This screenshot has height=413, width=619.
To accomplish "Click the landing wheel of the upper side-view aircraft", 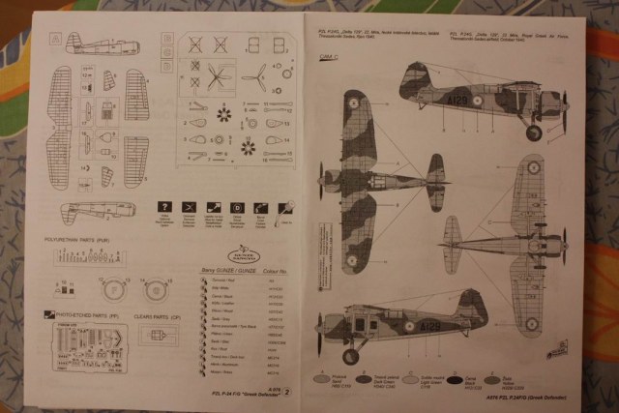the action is pyautogui.click(x=533, y=133).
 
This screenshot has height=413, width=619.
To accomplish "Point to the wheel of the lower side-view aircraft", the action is pyautogui.click(x=350, y=356).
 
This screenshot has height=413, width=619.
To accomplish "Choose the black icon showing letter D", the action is pyautogui.click(x=237, y=207).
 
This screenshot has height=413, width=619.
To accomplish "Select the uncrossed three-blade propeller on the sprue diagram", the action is pyautogui.click(x=254, y=76).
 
